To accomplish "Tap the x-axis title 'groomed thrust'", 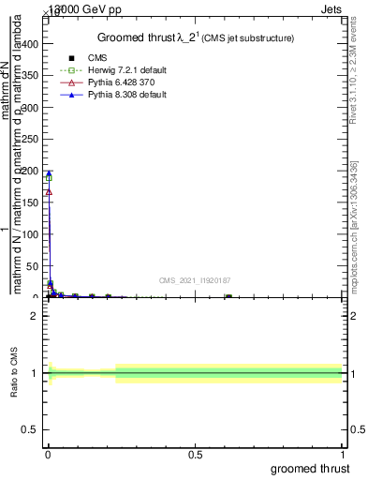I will (x=312, y=468).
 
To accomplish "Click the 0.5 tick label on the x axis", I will (x=195, y=455).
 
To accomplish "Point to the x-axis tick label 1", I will (x=344, y=455).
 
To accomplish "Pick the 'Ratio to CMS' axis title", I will (x=14, y=373).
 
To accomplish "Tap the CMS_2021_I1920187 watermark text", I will (x=195, y=279).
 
